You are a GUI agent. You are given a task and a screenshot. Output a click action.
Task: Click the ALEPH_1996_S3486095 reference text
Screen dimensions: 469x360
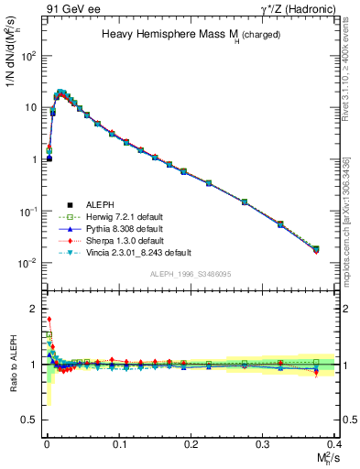click(190, 274)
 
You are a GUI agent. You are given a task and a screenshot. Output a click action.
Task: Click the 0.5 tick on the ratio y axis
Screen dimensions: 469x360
click(30, 420)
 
